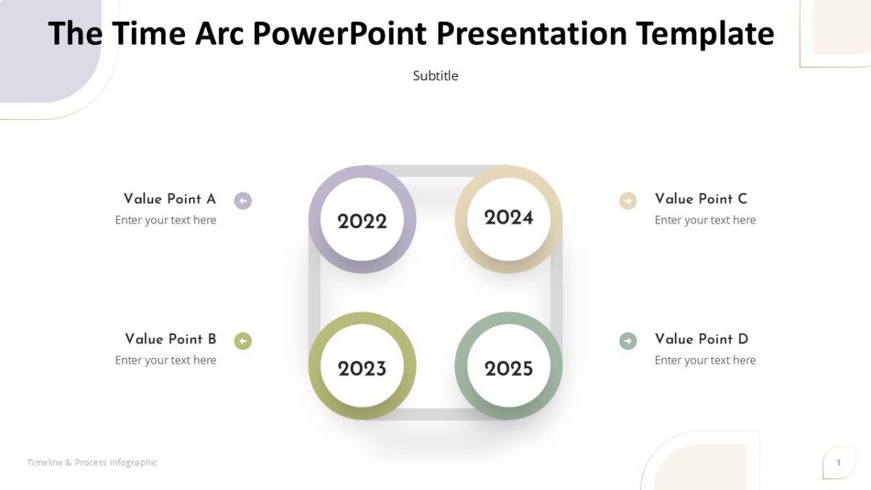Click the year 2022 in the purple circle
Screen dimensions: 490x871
coord(362,221)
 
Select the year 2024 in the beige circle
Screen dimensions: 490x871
coord(509,217)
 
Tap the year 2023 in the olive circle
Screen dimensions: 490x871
coord(362,369)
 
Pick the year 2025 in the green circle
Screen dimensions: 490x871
coord(509,369)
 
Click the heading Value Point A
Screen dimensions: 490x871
coord(170,199)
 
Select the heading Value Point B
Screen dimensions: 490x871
coord(171,339)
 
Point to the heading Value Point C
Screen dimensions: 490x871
coord(700,199)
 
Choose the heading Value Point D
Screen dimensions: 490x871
coord(701,339)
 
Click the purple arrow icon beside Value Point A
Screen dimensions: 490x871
coord(243,200)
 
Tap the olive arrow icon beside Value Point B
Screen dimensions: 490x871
coord(243,340)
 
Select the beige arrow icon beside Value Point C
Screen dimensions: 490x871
coord(628,200)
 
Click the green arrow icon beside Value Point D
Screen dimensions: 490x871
coord(628,340)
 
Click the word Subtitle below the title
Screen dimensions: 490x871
coord(435,75)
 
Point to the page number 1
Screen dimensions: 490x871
coord(838,462)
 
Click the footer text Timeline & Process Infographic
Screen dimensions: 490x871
coord(92,462)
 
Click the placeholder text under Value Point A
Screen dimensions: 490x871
coord(165,220)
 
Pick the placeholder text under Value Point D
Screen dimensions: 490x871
coord(705,360)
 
